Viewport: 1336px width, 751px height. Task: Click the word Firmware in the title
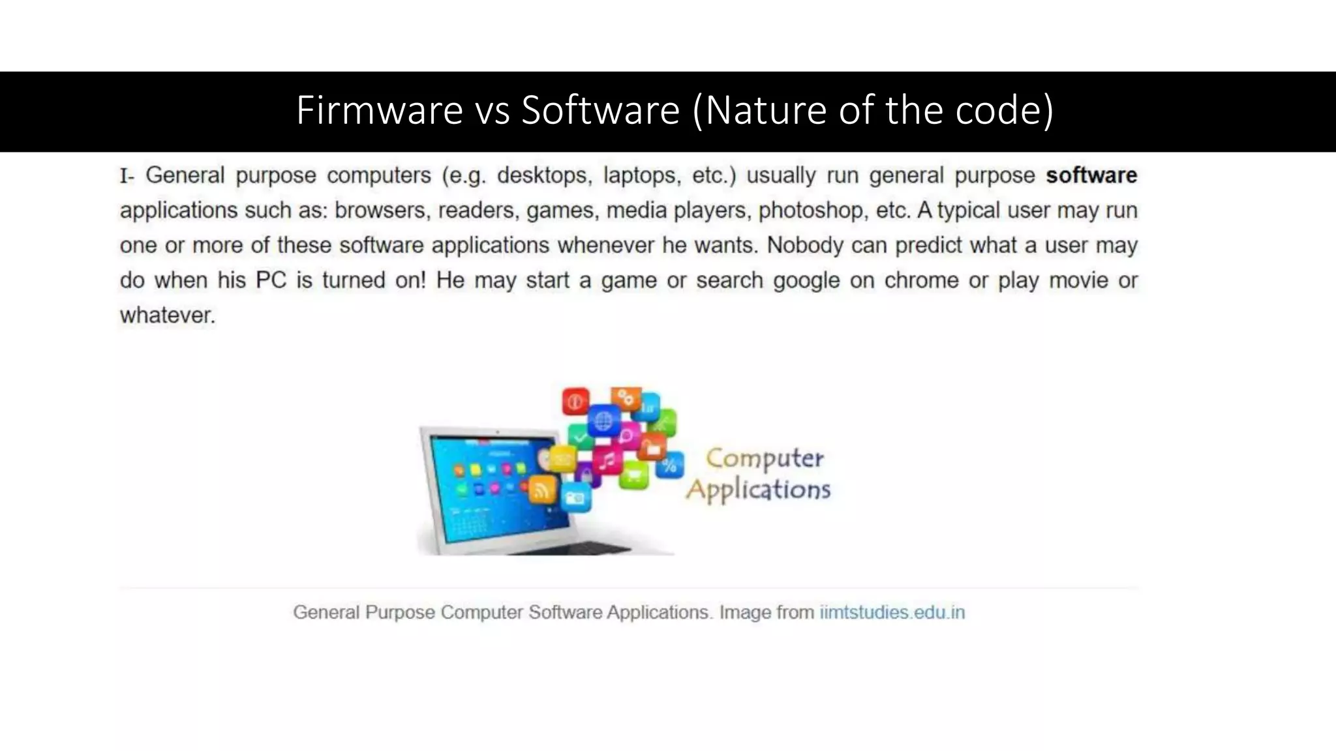(379, 110)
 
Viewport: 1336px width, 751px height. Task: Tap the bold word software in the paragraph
(1091, 175)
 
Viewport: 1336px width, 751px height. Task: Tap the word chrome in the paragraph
(920, 280)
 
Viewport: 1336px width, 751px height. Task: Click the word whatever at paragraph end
(167, 316)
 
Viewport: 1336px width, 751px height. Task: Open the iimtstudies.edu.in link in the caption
(892, 612)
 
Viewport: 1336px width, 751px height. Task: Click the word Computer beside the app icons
(765, 458)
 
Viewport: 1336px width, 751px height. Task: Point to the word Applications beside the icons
(758, 490)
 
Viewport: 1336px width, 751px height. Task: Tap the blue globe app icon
(603, 420)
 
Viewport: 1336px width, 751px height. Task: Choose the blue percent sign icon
(669, 465)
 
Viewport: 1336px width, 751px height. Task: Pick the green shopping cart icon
(633, 474)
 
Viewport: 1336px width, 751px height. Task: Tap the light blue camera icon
(575, 498)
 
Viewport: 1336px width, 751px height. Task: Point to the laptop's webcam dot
(497, 432)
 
